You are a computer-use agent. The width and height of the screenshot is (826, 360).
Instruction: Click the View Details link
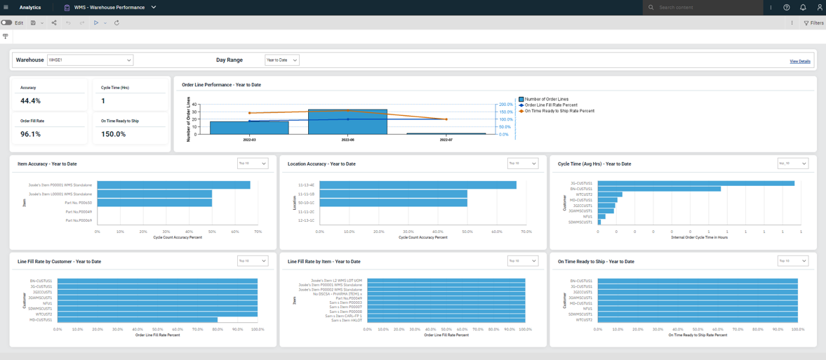tap(799, 62)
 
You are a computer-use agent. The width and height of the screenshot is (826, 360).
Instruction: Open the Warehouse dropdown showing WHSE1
tap(90, 60)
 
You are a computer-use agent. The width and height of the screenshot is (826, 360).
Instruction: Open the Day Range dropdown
tap(281, 60)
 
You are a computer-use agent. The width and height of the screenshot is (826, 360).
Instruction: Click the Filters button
tap(813, 23)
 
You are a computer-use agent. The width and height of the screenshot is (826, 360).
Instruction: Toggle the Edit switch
tap(7, 23)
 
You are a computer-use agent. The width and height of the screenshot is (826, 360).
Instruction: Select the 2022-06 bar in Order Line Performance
tap(347, 121)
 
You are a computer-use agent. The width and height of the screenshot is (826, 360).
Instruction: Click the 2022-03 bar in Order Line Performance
tap(249, 128)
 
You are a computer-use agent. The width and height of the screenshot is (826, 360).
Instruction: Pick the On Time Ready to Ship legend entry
tap(559, 111)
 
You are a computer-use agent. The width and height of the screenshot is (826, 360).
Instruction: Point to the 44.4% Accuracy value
tap(31, 101)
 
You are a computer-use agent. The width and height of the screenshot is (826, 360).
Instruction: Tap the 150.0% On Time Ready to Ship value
tap(113, 134)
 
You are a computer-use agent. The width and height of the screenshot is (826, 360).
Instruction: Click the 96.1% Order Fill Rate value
tap(31, 134)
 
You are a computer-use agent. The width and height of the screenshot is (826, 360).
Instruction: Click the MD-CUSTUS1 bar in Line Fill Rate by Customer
tap(137, 320)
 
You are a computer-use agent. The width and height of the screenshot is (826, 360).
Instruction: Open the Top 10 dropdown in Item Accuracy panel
tap(253, 164)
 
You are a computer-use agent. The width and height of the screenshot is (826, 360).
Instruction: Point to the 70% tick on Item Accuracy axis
tap(258, 232)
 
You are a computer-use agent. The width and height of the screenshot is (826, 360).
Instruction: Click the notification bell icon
tap(803, 8)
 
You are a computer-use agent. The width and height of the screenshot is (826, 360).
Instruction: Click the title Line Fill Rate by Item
tap(324, 262)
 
